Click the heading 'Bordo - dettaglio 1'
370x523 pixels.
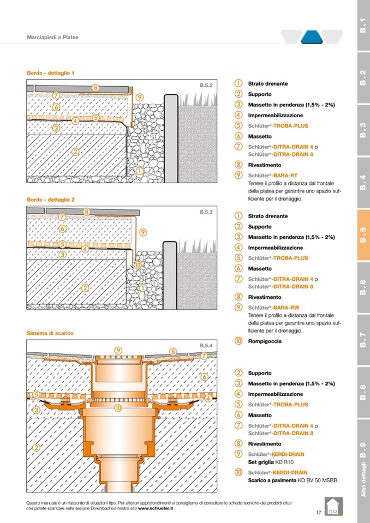click(51, 73)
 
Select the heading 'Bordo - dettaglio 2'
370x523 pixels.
click(51, 200)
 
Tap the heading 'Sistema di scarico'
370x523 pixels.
click(50, 333)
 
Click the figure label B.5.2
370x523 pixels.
click(206, 85)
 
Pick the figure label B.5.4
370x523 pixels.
click(206, 345)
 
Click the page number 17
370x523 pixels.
click(318, 512)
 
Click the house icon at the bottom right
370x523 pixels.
click(332, 507)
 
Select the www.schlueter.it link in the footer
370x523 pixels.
click(156, 508)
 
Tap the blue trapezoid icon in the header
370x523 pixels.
click(312, 37)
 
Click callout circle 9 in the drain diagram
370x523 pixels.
click(118, 350)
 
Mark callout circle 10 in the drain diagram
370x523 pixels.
click(117, 407)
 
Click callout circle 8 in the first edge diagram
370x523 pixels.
click(95, 87)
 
